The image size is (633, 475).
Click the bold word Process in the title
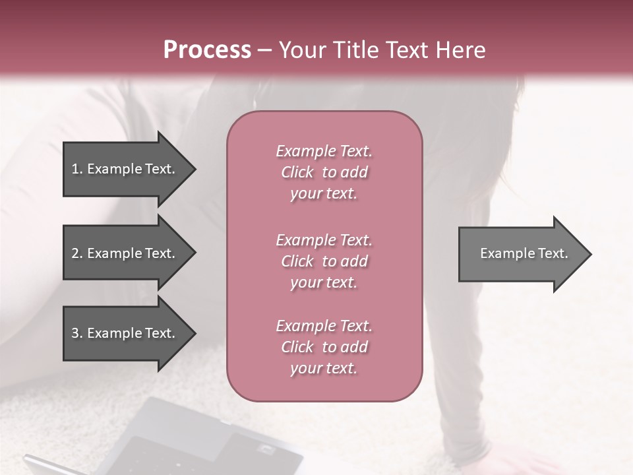pyautogui.click(x=207, y=50)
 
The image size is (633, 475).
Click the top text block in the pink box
pyautogui.click(x=324, y=172)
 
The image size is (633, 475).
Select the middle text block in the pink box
pyautogui.click(x=324, y=261)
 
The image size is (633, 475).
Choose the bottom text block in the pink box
pyautogui.click(x=324, y=347)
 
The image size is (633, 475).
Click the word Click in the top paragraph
pyautogui.click(x=297, y=172)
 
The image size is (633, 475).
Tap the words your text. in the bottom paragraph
pyautogui.click(x=324, y=368)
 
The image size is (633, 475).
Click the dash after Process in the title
pyautogui.click(x=265, y=51)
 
